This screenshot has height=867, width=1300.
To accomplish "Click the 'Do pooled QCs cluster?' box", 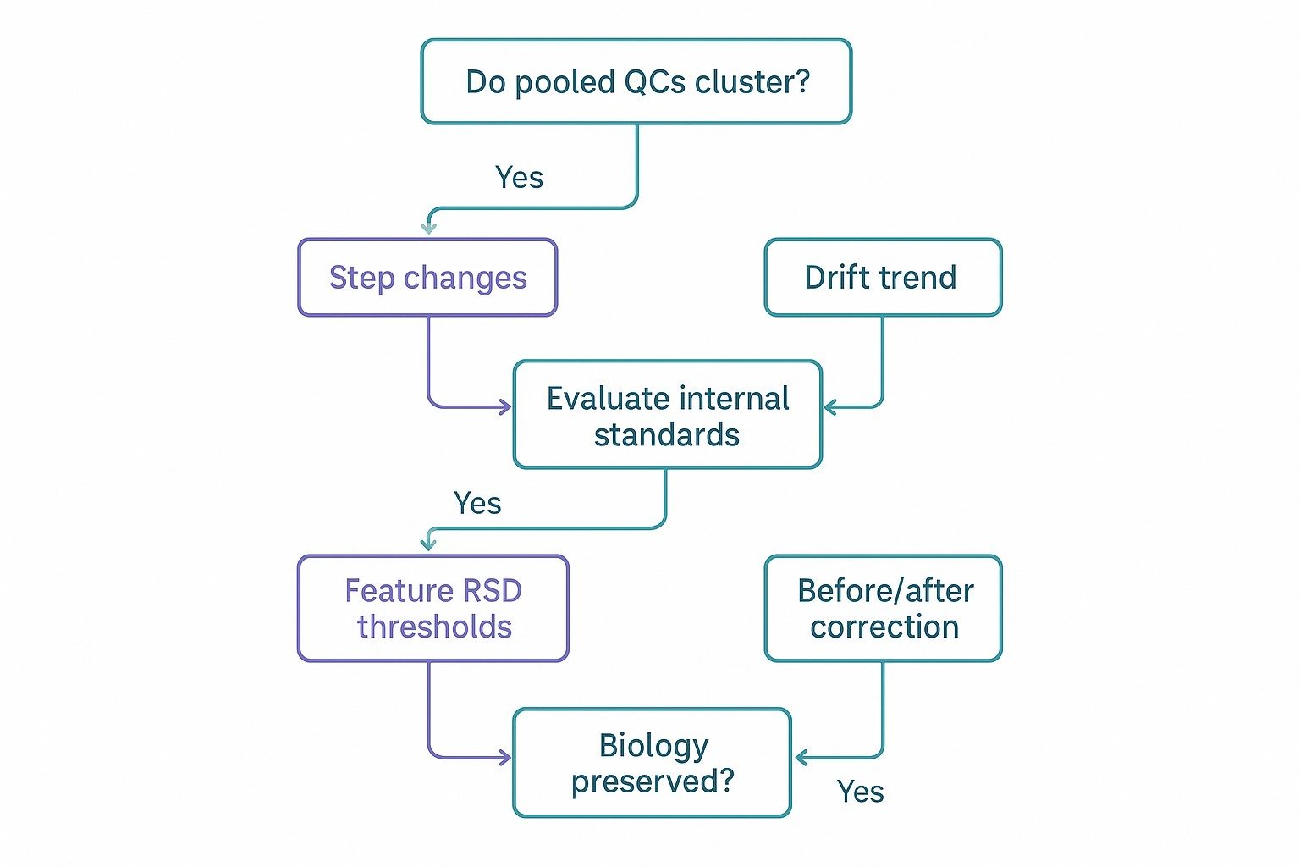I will click(x=636, y=81).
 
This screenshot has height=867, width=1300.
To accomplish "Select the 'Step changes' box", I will click(x=427, y=278).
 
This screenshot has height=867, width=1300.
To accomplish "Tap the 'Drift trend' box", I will click(x=883, y=278).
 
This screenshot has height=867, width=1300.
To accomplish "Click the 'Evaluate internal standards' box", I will click(x=667, y=415).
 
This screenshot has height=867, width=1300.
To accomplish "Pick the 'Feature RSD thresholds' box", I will click(x=432, y=608).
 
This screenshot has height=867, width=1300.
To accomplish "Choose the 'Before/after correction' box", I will click(x=883, y=608).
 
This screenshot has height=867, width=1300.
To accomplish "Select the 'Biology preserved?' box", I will click(x=652, y=763).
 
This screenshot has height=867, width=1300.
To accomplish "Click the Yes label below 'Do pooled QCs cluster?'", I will click(x=519, y=178).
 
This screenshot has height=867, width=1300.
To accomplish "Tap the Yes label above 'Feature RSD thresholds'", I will click(x=477, y=504).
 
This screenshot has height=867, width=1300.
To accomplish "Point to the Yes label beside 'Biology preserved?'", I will click(x=860, y=792).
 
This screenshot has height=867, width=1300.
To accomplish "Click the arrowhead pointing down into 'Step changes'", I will click(x=429, y=228).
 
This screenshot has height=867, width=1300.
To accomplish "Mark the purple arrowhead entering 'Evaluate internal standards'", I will click(x=505, y=407).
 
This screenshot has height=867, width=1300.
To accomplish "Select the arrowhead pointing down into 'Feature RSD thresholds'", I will click(x=429, y=544).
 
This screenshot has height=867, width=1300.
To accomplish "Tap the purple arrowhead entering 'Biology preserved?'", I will click(x=505, y=758).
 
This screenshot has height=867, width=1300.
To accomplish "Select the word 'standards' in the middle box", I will click(x=667, y=435).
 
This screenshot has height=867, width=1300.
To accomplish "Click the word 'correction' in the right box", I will click(x=884, y=627).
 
